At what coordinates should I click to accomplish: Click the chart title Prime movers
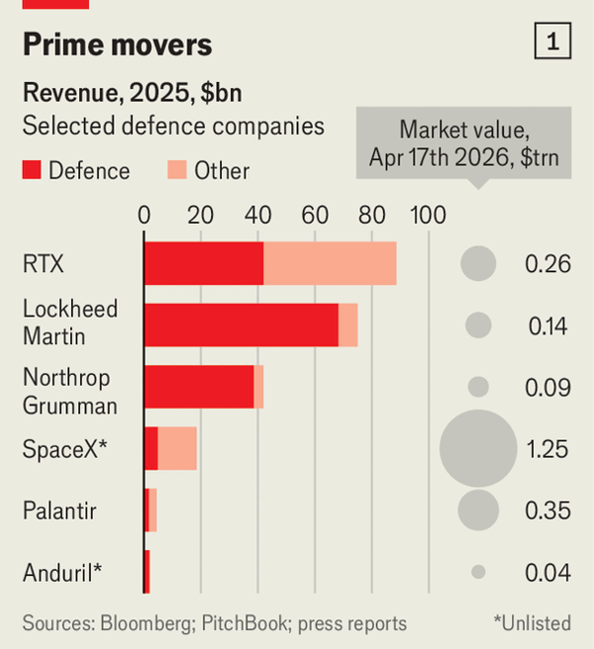tap(117, 45)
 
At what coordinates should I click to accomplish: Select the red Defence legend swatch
tap(33, 171)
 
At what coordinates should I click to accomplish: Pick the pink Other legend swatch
tap(176, 171)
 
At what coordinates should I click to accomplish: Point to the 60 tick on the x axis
tap(315, 215)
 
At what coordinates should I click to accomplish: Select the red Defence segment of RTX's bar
tap(203, 263)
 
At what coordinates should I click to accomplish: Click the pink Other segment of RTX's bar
tap(330, 263)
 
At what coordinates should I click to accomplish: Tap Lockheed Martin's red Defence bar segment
tap(241, 324)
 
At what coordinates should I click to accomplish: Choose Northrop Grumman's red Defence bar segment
tap(199, 386)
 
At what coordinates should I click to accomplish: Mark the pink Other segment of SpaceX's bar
tap(177, 448)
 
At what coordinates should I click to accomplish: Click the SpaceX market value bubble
tap(478, 449)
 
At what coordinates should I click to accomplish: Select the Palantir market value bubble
tap(478, 510)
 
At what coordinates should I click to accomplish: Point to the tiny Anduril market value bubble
tap(478, 572)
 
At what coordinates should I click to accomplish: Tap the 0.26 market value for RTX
tap(547, 264)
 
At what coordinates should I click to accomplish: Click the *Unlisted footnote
tap(532, 623)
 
